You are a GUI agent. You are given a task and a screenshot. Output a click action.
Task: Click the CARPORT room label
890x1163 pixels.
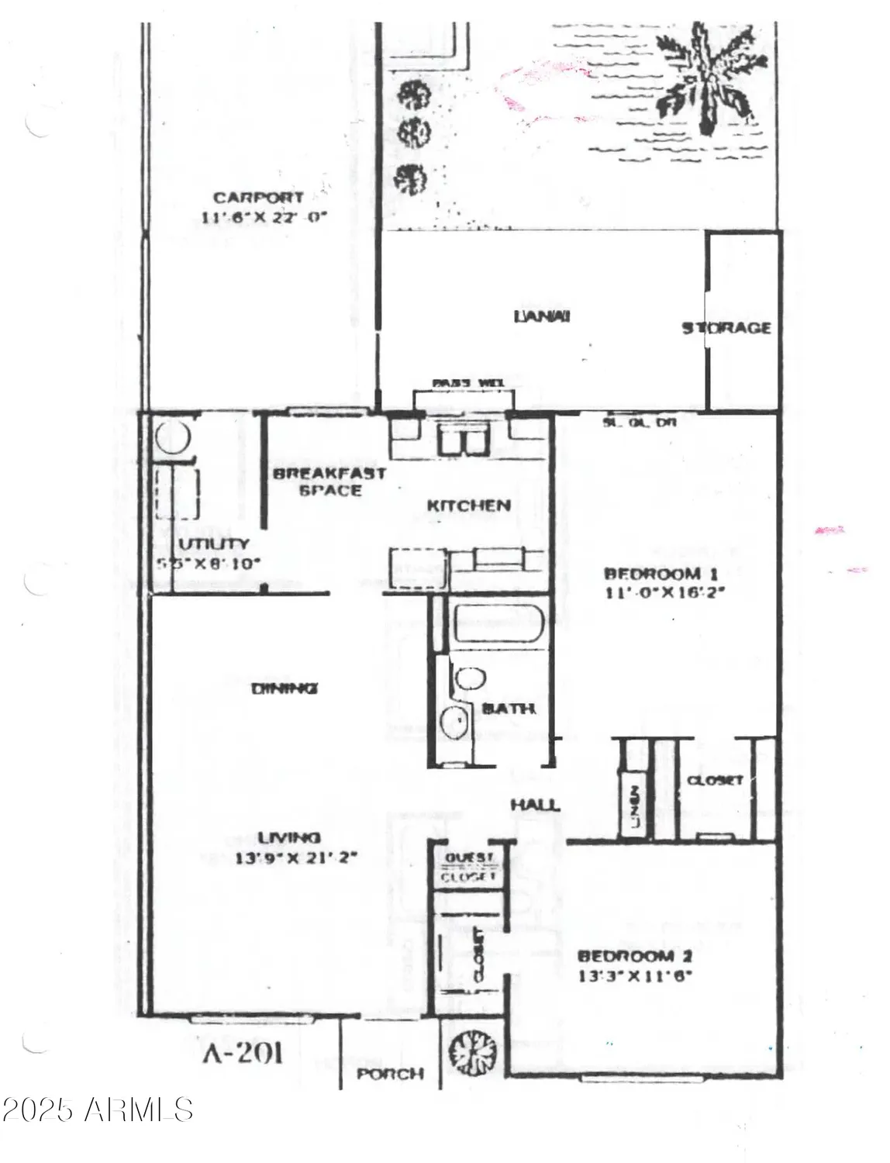[258, 198]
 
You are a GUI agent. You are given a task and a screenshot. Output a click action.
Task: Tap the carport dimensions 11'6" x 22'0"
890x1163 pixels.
[264, 218]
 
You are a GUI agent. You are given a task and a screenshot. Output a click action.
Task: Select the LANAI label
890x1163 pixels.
[542, 316]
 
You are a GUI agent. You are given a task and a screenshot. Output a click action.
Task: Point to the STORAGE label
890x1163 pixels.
[726, 328]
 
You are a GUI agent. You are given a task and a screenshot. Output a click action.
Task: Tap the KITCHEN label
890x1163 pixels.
[468, 506]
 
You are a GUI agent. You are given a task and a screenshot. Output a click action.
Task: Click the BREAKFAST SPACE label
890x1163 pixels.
[329, 481]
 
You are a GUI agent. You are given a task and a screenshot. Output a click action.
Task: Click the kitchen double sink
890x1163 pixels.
[461, 441]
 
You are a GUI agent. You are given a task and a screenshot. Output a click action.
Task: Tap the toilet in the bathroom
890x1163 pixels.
[469, 678]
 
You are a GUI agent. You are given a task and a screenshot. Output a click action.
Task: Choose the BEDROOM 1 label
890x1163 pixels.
[661, 574]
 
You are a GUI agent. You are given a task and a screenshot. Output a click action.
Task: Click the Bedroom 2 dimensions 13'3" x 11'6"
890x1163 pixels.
[635, 976]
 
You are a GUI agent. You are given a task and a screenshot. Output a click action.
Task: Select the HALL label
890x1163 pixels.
[535, 805]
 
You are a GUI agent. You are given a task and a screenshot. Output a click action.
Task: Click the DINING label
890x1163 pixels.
[285, 688]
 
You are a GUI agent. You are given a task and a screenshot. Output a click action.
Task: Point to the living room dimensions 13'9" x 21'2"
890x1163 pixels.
[295, 858]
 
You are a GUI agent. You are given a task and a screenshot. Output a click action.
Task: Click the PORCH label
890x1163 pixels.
[390, 1074]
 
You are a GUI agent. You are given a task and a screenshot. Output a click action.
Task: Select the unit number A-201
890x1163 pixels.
[243, 1053]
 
